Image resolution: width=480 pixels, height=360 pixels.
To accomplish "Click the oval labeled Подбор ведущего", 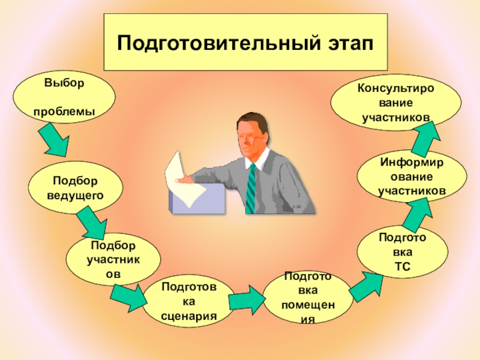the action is (x=74, y=187).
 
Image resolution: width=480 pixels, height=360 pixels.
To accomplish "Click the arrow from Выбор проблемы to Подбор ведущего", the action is (x=56, y=139).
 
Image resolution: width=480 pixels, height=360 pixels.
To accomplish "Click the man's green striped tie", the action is (x=251, y=187).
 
